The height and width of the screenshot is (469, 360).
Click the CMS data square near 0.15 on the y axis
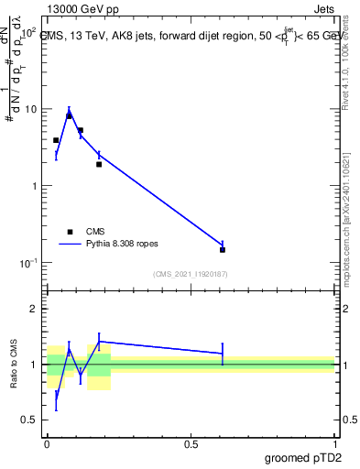click(x=223, y=249)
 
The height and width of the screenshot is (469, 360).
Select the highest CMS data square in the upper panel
click(x=69, y=115)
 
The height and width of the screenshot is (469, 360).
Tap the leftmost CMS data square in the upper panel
click(x=56, y=140)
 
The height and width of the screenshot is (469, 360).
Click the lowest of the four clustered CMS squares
click(x=99, y=164)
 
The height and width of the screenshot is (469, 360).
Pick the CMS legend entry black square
click(x=69, y=232)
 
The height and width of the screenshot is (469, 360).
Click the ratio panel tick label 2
click(x=33, y=309)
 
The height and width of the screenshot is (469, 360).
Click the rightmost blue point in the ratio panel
click(x=223, y=353)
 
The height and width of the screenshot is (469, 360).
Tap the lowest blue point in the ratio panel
click(x=56, y=400)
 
